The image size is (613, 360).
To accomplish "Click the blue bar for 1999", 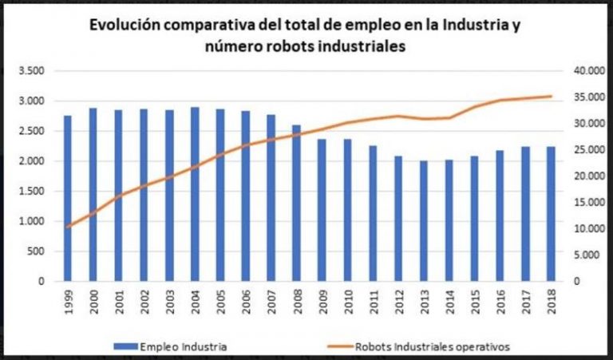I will coord(68,199).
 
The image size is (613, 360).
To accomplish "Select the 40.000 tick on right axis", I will coord(589,71).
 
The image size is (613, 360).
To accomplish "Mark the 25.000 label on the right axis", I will coord(589,150).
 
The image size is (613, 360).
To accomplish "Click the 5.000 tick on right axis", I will coord(591,255).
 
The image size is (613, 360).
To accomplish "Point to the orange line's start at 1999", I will coord(68,227).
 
